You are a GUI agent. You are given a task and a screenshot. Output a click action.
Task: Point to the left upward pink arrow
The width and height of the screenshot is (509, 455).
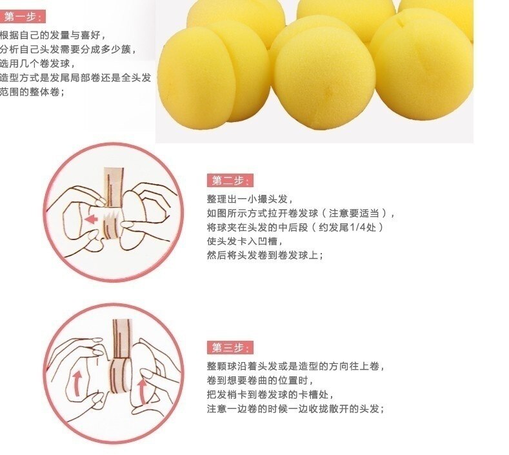[x=77, y=381]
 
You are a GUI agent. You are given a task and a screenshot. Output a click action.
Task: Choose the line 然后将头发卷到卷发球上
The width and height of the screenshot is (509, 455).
[x=264, y=256]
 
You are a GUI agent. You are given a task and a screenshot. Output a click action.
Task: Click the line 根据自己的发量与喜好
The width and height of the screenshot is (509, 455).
[x=52, y=35]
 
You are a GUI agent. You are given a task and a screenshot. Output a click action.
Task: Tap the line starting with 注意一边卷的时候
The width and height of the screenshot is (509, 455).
[x=296, y=409]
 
